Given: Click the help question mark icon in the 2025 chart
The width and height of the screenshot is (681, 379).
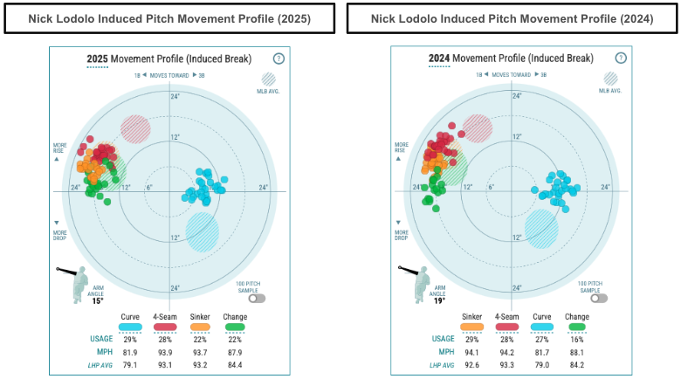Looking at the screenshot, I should [x=278, y=59].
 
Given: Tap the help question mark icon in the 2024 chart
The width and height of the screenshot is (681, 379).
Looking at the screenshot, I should [x=620, y=59].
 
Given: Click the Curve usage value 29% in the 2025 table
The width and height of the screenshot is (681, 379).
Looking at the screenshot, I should [x=130, y=339].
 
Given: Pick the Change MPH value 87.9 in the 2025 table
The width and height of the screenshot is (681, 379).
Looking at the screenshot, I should [x=235, y=352].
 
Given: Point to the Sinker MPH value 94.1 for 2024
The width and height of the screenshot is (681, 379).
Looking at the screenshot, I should [x=472, y=352].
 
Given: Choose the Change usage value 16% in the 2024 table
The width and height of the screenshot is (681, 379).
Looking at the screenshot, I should [x=577, y=339].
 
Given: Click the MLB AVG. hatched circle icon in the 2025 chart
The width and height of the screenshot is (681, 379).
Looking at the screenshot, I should [x=269, y=79].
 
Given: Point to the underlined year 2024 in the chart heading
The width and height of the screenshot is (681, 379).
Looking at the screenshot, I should [x=439, y=59].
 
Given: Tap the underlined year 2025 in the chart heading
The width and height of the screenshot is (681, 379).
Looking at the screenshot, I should [x=97, y=59].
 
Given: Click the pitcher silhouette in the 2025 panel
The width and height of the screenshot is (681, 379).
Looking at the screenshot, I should [x=77, y=280].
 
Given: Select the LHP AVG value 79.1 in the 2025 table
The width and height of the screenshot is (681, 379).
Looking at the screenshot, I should [x=130, y=365].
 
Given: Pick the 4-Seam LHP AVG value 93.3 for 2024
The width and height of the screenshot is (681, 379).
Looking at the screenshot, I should [x=507, y=365].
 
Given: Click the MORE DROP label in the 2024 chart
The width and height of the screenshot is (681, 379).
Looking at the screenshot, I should [x=402, y=233].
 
